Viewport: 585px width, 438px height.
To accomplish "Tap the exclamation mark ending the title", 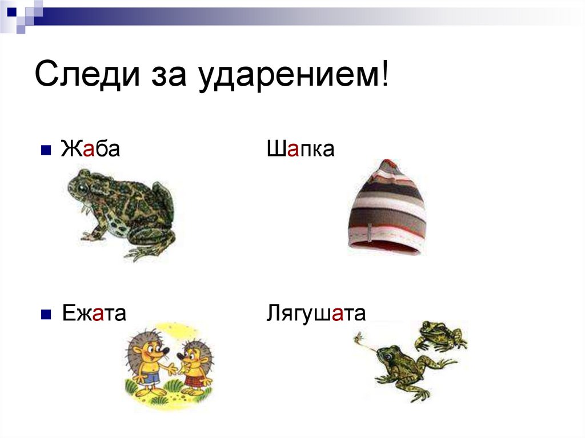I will pos(384,75).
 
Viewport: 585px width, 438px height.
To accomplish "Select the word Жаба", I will pos(90,150).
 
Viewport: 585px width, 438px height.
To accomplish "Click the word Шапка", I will pos(300,150).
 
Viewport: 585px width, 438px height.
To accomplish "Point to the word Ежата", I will pos(93,313).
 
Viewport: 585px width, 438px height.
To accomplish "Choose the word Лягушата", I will pos(316,314).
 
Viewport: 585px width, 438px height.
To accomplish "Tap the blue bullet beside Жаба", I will pos(47,151).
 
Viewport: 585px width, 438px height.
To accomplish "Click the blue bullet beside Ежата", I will pos(47,314).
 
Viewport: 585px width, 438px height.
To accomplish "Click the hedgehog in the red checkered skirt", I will pos(194,365).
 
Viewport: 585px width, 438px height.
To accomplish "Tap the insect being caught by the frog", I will pos(360,341).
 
